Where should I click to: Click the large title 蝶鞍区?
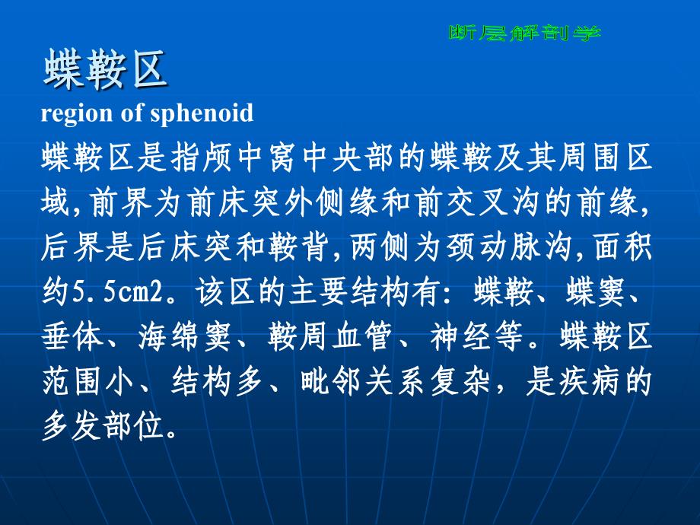pyautogui.click(x=105, y=68)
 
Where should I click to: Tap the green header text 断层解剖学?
pyautogui.click(x=525, y=33)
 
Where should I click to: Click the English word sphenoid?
pyautogui.click(x=202, y=113)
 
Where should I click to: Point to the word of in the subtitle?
pyautogui.click(x=132, y=112)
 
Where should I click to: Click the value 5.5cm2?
pyautogui.click(x=118, y=292)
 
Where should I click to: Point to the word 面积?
pyautogui.click(x=624, y=247)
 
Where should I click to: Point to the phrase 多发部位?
pyautogui.click(x=103, y=426)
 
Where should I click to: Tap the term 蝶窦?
pyautogui.click(x=595, y=292)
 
